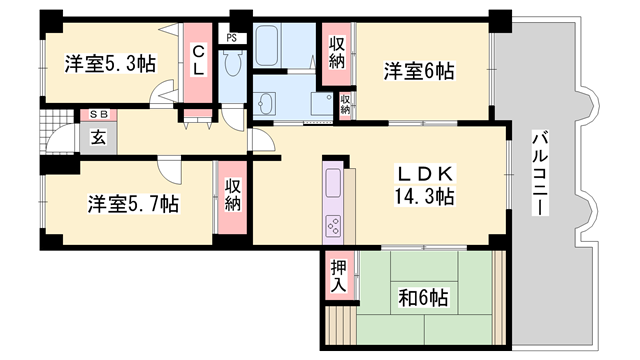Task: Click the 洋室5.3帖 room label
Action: coord(111,64)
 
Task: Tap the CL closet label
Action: coord(200,61)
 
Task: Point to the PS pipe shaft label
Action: coord(232,38)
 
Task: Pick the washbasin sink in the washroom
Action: coord(266,103)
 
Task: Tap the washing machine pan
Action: coord(322,104)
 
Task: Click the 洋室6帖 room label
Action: coord(420,71)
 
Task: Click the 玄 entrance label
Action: coord(100,137)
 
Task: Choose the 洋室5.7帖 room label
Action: coord(133,204)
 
